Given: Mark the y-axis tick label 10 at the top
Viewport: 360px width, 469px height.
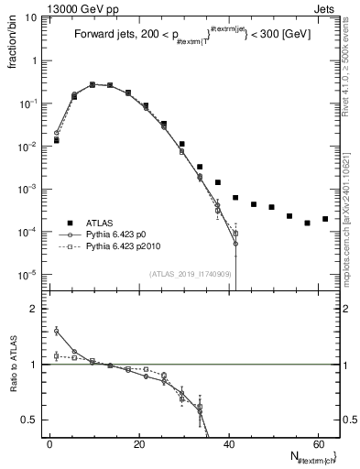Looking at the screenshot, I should point(29,16).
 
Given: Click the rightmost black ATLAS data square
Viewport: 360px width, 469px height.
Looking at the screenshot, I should point(325,219).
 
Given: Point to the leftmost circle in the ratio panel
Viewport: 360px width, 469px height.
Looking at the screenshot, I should point(57,331).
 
